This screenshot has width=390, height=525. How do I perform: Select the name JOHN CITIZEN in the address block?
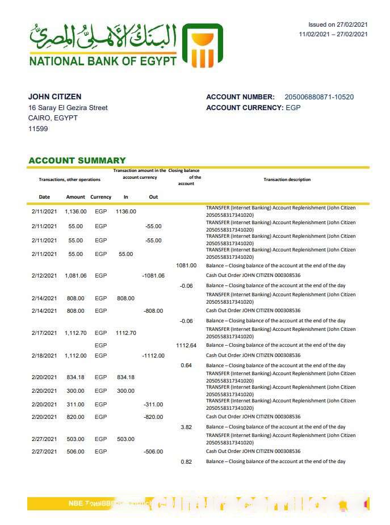(x=54, y=97)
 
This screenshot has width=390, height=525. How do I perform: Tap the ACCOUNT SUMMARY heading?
(x=77, y=161)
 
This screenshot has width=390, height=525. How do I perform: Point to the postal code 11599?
(x=38, y=129)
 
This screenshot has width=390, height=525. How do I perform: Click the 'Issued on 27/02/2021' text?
(x=338, y=25)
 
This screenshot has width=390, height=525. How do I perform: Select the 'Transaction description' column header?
(x=287, y=180)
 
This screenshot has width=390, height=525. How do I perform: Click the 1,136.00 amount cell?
(x=76, y=212)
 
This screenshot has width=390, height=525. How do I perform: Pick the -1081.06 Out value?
(x=153, y=276)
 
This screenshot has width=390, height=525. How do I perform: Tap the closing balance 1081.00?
(x=186, y=266)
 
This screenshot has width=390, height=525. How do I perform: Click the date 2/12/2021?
(x=44, y=276)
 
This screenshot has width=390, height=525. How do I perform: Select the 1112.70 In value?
(x=125, y=333)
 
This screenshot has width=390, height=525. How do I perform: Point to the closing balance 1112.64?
(x=186, y=345)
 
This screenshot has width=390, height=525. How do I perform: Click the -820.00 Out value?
(x=153, y=417)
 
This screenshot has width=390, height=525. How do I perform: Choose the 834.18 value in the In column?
(x=125, y=377)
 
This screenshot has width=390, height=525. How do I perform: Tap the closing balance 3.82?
(x=186, y=427)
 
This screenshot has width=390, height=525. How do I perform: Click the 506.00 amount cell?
(x=76, y=452)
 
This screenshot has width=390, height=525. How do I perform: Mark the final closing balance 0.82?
(x=186, y=462)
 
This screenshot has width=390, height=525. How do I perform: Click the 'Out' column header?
(x=153, y=197)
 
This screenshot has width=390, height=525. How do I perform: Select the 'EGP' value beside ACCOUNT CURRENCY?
(x=293, y=108)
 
